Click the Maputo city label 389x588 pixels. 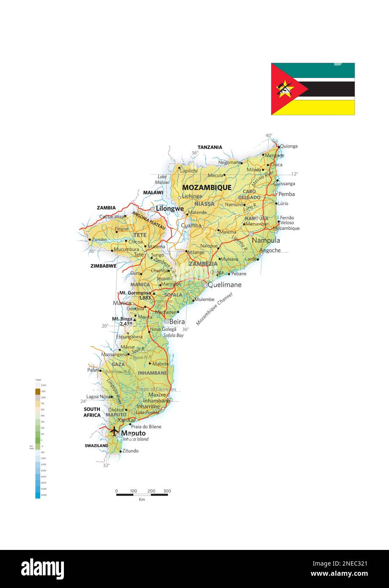(x=133, y=433)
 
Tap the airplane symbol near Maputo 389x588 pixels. (x=114, y=431)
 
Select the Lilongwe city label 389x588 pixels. (x=170, y=209)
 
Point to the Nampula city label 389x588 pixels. (x=266, y=240)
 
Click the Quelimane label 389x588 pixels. (x=224, y=285)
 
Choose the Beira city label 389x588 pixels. (x=177, y=321)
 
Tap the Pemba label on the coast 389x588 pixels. (x=287, y=194)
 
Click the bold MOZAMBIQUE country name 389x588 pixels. (x=207, y=187)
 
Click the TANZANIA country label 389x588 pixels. (x=210, y=147)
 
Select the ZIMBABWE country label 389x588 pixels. (x=103, y=266)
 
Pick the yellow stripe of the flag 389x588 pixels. (x=330, y=107)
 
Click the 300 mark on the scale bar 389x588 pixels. (x=167, y=491)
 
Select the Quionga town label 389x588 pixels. (x=289, y=146)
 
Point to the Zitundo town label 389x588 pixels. (x=130, y=451)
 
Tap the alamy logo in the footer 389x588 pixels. (x=42, y=569)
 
